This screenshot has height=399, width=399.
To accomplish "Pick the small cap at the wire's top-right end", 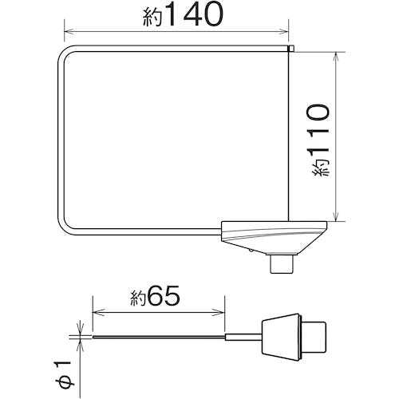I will pyautogui.click(x=290, y=49).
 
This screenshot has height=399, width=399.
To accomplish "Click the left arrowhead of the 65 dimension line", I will pyautogui.click(x=97, y=314).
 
